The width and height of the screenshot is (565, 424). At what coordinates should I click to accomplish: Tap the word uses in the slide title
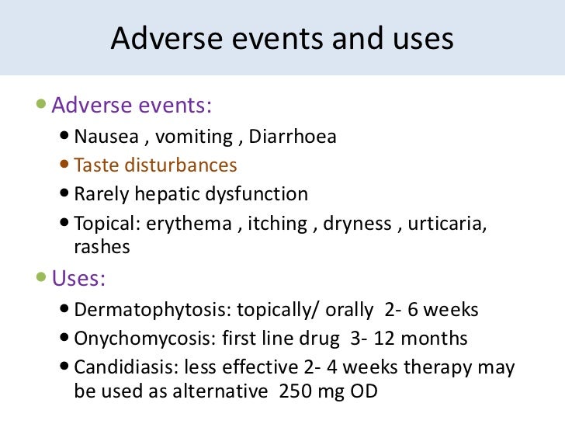click(x=420, y=39)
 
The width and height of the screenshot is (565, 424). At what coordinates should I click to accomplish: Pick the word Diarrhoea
click(x=293, y=137)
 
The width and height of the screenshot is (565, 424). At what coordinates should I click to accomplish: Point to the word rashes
click(x=102, y=246)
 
